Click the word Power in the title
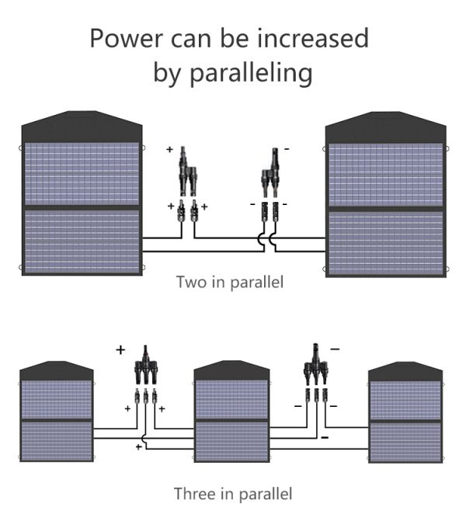[126, 39]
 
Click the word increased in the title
[313, 38]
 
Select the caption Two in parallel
[230, 282]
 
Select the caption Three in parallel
[233, 494]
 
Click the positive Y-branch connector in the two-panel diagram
[187, 172]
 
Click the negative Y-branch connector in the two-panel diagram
[270, 172]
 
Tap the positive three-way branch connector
[146, 365]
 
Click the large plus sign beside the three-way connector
[120, 350]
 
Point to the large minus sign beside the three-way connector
[335, 349]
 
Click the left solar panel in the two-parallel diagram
[82, 193]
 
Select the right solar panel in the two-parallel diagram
[386, 195]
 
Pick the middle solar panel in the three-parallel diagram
[231, 412]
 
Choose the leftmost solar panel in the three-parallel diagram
[57, 412]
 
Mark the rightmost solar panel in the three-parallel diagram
[405, 412]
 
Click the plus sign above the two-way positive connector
[169, 149]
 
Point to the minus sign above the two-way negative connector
[287, 148]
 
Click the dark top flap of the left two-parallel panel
[82, 127]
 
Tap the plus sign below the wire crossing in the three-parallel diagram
[138, 446]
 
